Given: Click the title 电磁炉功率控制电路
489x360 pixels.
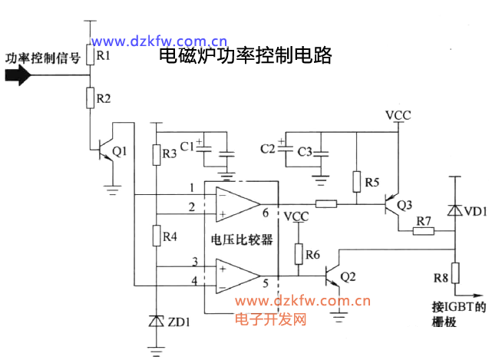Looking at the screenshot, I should tap(244, 56).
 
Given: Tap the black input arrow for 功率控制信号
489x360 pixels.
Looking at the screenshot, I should tap(18, 75).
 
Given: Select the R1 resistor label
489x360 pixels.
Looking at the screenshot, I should tap(104, 57).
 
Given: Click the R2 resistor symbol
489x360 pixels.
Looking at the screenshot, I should tap(90, 97).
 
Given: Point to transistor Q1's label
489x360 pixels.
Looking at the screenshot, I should tap(120, 150).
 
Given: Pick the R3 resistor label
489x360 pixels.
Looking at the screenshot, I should tap(170, 154).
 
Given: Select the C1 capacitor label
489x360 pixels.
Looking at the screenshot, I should tap(187, 144).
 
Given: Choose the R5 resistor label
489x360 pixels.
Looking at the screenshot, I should tap(372, 183).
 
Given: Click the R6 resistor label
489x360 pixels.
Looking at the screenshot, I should tap(312, 253).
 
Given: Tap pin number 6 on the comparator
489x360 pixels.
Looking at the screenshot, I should tap(265, 213).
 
